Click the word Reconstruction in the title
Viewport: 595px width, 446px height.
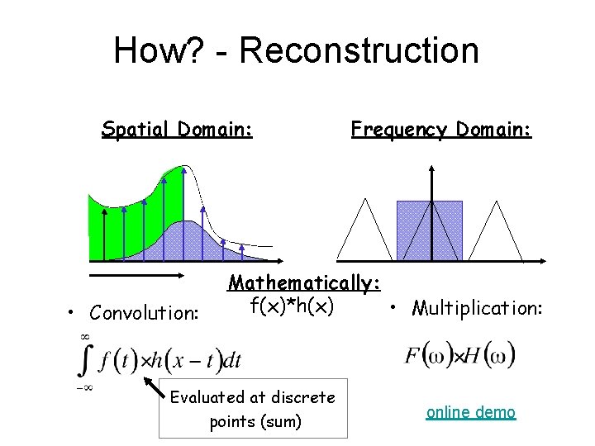pos(359,50)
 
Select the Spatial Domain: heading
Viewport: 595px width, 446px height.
pos(177,129)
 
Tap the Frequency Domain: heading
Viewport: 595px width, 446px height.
pos(441,129)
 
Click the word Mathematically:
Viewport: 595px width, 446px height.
pos(304,282)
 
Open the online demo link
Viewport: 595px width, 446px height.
pos(471,412)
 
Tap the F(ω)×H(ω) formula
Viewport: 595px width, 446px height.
pos(460,357)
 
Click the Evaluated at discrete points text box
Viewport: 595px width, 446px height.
pos(253,409)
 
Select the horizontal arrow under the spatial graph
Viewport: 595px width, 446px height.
pos(135,272)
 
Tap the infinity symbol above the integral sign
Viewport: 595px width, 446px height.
pos(83,336)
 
